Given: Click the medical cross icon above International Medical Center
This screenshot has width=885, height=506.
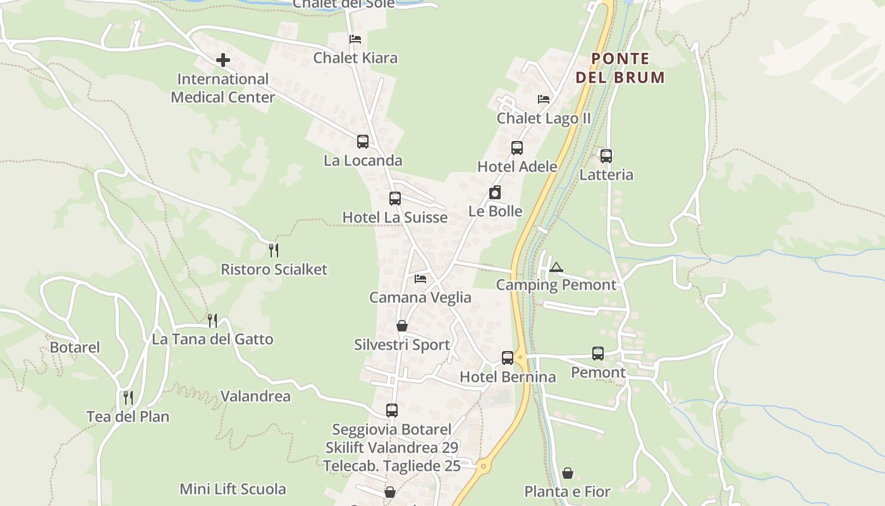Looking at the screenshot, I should point(223,61).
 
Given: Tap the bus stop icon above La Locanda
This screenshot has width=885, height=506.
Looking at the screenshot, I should point(363,142).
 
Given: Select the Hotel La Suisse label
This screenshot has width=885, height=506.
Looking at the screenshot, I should point(394,218).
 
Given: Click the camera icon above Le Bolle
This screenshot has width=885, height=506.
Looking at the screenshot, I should point(495,193).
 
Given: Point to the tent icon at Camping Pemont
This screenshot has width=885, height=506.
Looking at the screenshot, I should point(556,267).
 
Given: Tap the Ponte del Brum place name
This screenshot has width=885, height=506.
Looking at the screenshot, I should point(620,68).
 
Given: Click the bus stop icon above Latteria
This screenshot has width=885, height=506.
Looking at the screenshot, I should point(606,156).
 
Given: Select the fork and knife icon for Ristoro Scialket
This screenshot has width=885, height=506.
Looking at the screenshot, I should point(274,250).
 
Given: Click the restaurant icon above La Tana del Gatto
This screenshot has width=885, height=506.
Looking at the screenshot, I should point(212,321).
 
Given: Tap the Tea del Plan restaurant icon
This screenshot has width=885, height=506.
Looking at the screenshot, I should point(128,398).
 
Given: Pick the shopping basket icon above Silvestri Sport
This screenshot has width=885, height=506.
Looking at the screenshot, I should point(402,326).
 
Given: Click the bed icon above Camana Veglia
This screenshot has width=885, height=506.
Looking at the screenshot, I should point(420,279).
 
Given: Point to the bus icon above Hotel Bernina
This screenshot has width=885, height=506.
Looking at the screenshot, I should point(508,358).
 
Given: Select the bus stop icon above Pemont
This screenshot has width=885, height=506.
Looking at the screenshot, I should point(598,354).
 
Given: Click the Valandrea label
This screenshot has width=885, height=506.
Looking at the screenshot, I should point(255,397).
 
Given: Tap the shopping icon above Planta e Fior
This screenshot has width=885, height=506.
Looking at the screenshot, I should point(568,473).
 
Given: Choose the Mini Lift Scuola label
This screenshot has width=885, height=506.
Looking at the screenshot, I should point(233,489).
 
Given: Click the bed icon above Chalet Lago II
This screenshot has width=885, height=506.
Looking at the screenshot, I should point(544,99).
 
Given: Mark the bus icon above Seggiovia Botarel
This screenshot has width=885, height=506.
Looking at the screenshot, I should point(392,410).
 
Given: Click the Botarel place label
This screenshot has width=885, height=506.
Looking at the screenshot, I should point(75,347).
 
